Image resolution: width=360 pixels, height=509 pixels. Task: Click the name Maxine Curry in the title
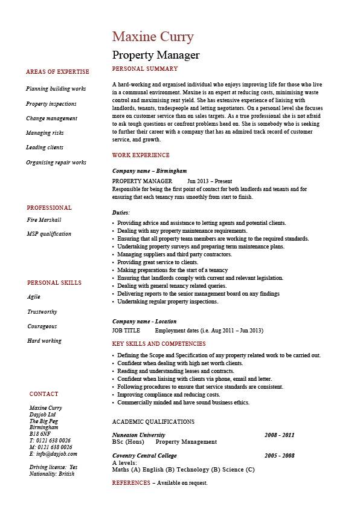(x=153, y=36)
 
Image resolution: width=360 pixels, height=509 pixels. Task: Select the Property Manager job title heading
(x=156, y=55)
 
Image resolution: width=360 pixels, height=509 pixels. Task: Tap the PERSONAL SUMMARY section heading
(x=145, y=69)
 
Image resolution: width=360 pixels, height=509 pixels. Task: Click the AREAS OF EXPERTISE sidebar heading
(x=57, y=72)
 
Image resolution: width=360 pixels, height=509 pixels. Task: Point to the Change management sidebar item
(x=52, y=118)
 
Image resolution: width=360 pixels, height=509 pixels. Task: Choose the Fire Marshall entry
(x=44, y=220)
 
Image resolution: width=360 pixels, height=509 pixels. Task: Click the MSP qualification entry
(x=49, y=234)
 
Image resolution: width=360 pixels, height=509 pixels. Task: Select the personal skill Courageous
(x=42, y=326)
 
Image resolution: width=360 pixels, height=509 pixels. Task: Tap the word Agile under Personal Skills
(x=34, y=297)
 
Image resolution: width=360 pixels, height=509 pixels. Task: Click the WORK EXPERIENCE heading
(x=141, y=155)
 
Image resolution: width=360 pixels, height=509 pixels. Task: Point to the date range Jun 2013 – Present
(x=210, y=181)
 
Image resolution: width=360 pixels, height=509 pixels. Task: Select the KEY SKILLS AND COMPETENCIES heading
(x=159, y=344)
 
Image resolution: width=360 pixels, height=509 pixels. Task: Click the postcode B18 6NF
(x=40, y=434)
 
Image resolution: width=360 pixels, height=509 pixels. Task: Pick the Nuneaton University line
(x=139, y=435)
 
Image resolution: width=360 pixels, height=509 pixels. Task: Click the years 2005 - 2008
(x=279, y=455)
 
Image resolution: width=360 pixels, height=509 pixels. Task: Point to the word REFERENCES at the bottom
(x=131, y=483)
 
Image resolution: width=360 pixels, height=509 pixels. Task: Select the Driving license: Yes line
(x=53, y=467)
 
